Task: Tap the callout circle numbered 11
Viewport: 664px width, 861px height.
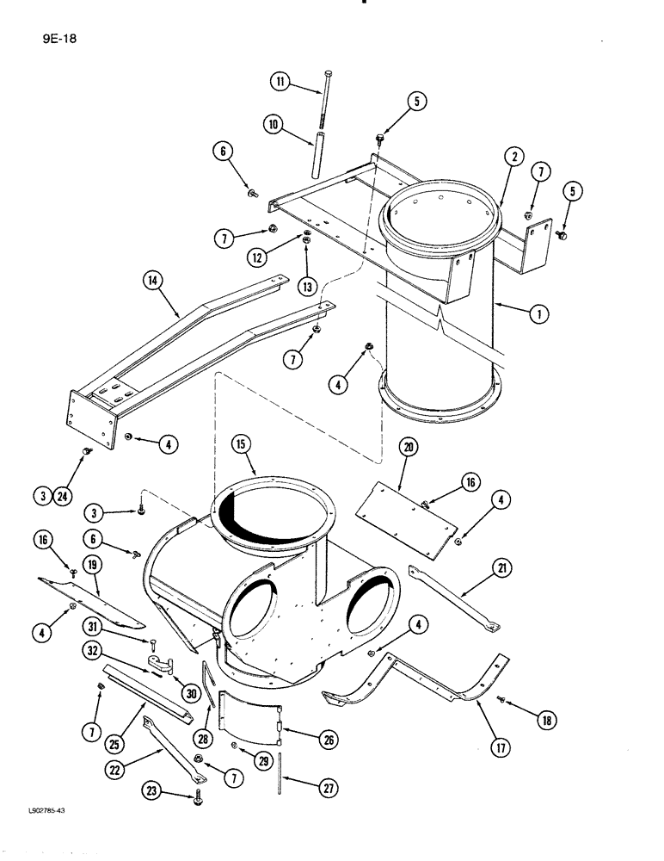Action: pyautogui.click(x=280, y=83)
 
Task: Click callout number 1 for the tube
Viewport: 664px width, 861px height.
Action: pyautogui.click(x=538, y=314)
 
